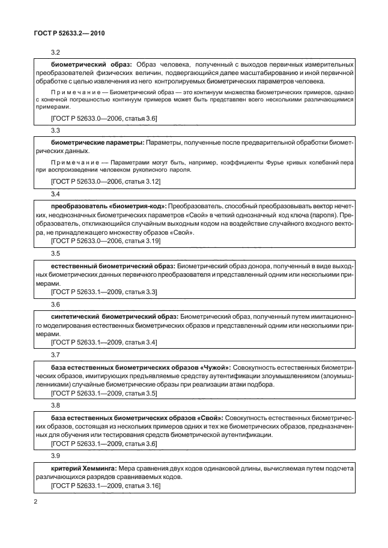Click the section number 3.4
click(x=56, y=194)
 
